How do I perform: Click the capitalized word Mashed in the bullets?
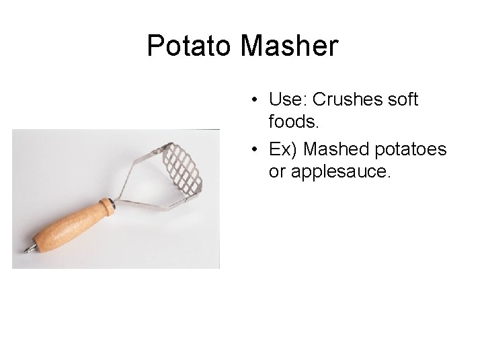[x=336, y=149]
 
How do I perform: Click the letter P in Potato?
[x=157, y=46]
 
